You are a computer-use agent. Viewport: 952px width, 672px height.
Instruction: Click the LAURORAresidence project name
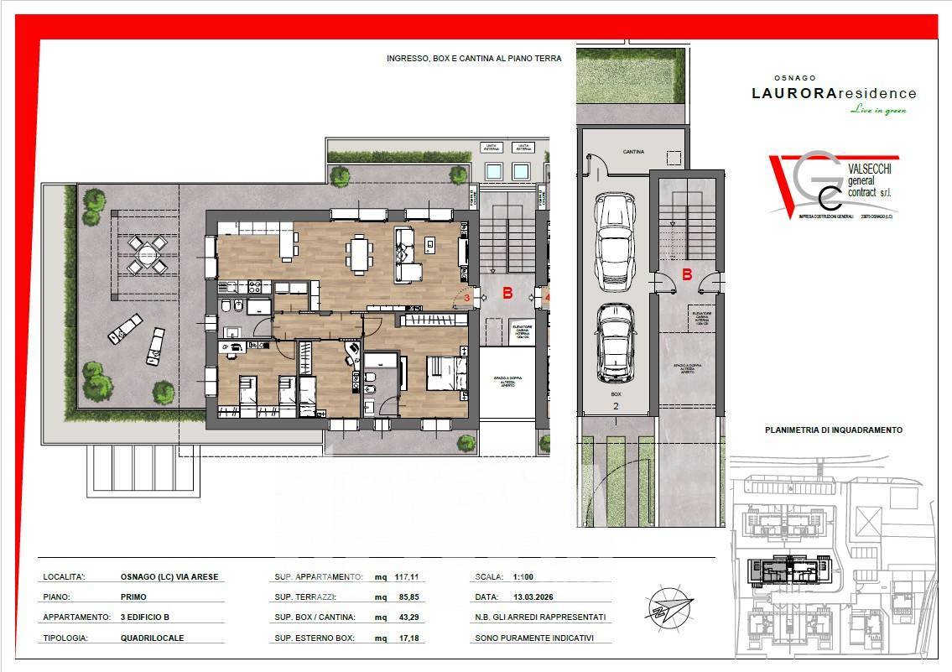(833, 94)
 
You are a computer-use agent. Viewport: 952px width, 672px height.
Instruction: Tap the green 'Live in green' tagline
(878, 110)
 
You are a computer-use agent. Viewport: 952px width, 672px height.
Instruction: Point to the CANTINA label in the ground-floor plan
(633, 152)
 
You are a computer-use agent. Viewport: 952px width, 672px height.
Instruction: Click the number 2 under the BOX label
(615, 405)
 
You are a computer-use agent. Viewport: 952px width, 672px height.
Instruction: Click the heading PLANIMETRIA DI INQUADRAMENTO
(833, 430)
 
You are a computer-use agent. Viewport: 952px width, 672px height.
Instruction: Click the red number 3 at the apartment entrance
(467, 296)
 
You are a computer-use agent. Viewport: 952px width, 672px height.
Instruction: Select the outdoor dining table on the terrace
(148, 254)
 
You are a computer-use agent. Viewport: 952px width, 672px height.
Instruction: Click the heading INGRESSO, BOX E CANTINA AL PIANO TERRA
(474, 59)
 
